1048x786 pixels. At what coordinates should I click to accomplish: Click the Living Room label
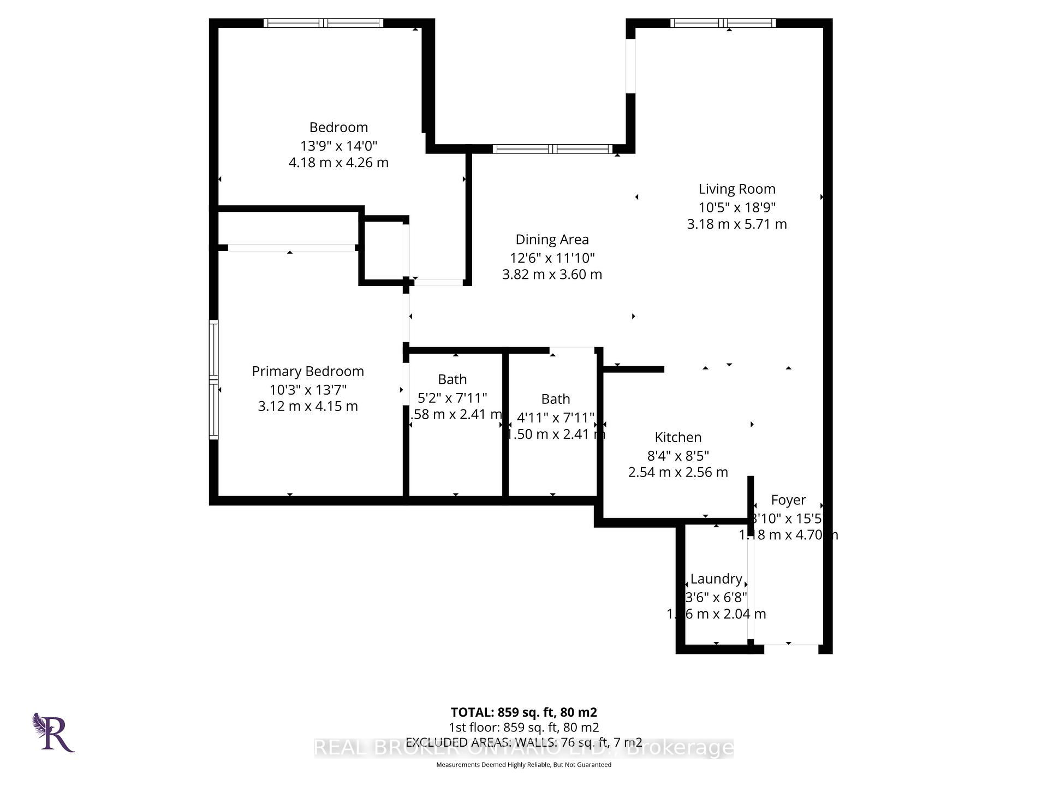pyautogui.click(x=737, y=189)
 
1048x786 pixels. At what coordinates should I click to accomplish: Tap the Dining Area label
pyautogui.click(x=552, y=240)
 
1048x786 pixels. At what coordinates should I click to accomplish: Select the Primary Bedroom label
pyautogui.click(x=308, y=371)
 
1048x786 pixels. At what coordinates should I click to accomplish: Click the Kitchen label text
pyautogui.click(x=678, y=437)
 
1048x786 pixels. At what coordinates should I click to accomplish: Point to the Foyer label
pyautogui.click(x=788, y=500)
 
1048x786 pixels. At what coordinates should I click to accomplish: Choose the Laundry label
pyautogui.click(x=716, y=579)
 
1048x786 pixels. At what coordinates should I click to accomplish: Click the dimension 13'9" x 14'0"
pyautogui.click(x=338, y=146)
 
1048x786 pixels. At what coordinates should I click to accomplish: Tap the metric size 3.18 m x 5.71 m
pyautogui.click(x=737, y=224)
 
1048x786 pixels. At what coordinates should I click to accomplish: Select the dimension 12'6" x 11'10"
pyautogui.click(x=552, y=258)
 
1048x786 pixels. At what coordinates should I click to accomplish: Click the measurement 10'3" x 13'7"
pyautogui.click(x=308, y=390)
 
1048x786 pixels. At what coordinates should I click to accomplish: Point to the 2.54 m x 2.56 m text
pyautogui.click(x=678, y=472)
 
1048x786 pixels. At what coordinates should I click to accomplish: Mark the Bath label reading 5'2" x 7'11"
pyautogui.click(x=452, y=379)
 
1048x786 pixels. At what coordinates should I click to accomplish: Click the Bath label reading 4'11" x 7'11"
pyautogui.click(x=556, y=399)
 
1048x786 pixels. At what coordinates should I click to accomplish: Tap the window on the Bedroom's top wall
pyautogui.click(x=323, y=23)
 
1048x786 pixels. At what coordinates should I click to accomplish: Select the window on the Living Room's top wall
pyautogui.click(x=723, y=23)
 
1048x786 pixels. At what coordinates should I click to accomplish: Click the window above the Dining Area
pyautogui.click(x=552, y=149)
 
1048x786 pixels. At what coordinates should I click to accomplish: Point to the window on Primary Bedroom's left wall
pyautogui.click(x=214, y=379)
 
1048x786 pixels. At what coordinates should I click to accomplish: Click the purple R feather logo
pyautogui.click(x=53, y=733)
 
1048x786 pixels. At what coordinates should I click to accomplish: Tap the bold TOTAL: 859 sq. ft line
pyautogui.click(x=523, y=712)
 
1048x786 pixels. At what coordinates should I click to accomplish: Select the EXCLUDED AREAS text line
pyautogui.click(x=523, y=742)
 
